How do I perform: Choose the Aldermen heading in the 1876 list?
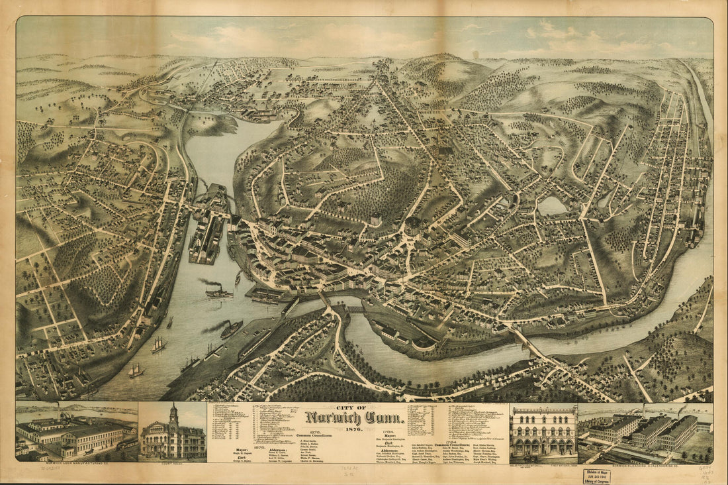tap(278, 449)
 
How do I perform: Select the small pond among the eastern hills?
tap(553, 206)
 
